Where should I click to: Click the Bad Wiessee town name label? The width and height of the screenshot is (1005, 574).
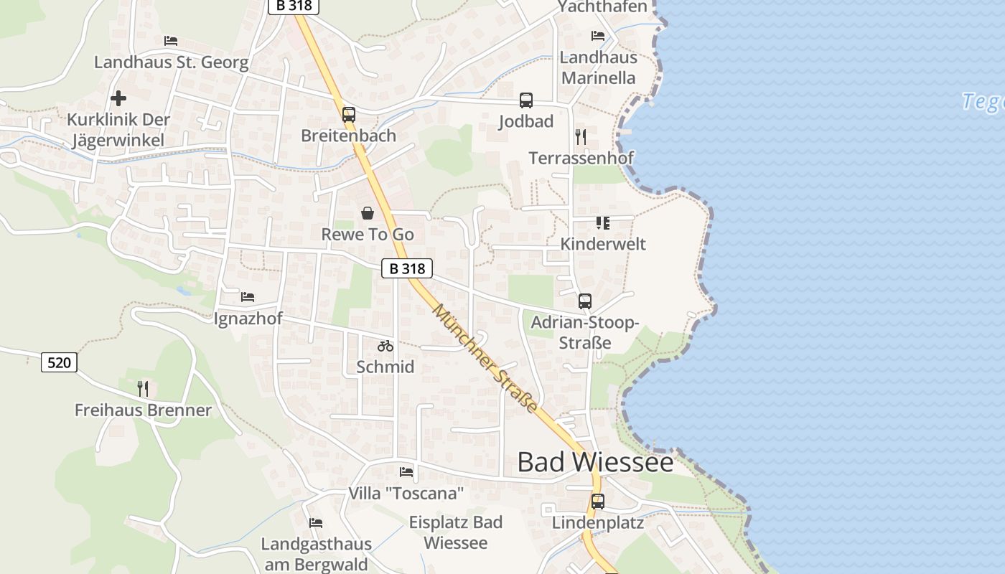pyautogui.click(x=595, y=462)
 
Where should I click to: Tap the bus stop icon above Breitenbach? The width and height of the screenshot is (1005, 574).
pyautogui.click(x=349, y=114)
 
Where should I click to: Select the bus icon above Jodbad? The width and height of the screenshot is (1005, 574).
pyautogui.click(x=526, y=100)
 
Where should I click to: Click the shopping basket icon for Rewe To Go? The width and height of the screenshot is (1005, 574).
pyautogui.click(x=368, y=213)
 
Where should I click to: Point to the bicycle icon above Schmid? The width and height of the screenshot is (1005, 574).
pyautogui.click(x=385, y=346)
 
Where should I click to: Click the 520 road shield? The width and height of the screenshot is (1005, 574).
pyautogui.click(x=59, y=362)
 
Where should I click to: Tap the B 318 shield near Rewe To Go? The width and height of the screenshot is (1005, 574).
pyautogui.click(x=407, y=268)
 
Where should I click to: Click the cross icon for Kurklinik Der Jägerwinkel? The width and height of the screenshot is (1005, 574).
pyautogui.click(x=118, y=98)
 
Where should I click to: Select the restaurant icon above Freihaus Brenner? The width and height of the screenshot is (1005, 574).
pyautogui.click(x=144, y=389)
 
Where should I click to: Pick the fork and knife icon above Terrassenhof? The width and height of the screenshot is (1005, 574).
pyautogui.click(x=581, y=136)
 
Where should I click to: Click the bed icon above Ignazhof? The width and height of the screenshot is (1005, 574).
pyautogui.click(x=248, y=296)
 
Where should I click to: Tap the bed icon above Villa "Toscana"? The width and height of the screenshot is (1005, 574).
pyautogui.click(x=406, y=472)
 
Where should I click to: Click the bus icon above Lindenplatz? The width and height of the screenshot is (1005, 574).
pyautogui.click(x=598, y=502)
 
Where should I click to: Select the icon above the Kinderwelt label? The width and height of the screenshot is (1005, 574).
pyautogui.click(x=603, y=223)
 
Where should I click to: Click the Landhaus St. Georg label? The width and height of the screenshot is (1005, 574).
pyautogui.click(x=172, y=62)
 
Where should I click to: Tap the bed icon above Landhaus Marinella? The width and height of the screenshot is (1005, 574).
pyautogui.click(x=598, y=36)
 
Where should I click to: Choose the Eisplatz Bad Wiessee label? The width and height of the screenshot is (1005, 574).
pyautogui.click(x=456, y=532)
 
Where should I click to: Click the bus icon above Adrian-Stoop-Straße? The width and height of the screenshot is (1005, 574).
pyautogui.click(x=585, y=301)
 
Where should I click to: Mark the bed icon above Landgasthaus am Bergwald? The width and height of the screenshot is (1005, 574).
pyautogui.click(x=316, y=523)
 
